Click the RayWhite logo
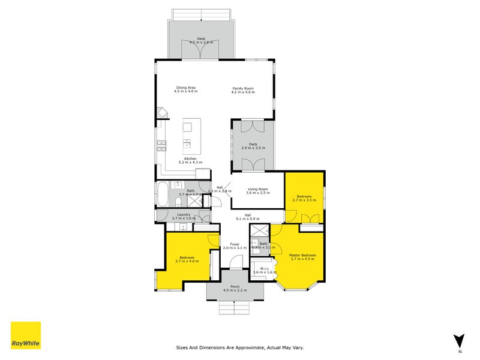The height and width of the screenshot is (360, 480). point(26,335)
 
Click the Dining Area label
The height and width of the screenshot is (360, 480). point(185,89)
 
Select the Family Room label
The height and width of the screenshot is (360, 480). point(244,90)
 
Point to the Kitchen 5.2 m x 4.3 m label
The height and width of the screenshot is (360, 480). point(191,160)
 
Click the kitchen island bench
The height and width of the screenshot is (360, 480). point(188,135)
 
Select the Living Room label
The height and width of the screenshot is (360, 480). point(259,191)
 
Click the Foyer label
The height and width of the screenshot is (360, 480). point(235,246)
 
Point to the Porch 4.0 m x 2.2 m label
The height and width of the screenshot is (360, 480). point(235,288)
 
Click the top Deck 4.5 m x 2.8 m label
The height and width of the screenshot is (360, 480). point(201,40)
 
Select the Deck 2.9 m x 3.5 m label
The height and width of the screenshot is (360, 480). point(253,146)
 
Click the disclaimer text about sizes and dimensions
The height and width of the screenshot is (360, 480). point(239,347)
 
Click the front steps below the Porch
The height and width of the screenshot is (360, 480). point(235,307)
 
